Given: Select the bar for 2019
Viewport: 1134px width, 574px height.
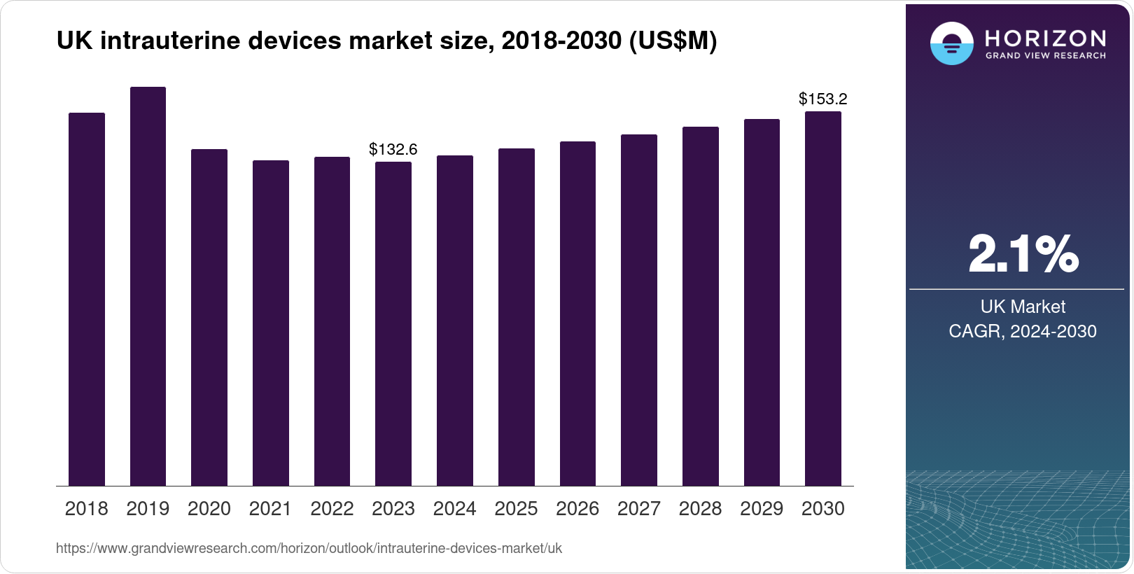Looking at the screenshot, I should click(148, 287).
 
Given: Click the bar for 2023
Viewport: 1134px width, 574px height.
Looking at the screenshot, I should click(393, 323).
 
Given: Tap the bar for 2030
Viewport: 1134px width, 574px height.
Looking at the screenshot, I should click(823, 299).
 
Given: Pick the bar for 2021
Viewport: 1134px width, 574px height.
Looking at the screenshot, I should click(271, 323).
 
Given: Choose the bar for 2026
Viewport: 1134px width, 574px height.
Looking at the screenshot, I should click(577, 314).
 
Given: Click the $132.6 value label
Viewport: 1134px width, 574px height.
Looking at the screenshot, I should click(393, 149).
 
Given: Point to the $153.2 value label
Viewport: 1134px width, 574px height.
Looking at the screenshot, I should click(823, 99).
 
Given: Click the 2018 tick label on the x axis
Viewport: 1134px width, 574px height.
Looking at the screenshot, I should click(87, 509).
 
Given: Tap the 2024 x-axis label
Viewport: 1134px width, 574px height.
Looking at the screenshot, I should click(455, 509).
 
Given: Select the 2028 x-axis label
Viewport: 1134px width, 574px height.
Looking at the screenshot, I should click(700, 509).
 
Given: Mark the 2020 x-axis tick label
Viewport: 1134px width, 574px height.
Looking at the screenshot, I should click(209, 509).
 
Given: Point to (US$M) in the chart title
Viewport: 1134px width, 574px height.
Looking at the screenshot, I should click(673, 41).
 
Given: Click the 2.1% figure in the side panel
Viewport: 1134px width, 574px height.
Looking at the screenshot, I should click(1023, 254).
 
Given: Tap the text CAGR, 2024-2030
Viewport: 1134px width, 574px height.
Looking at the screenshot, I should click(1023, 331).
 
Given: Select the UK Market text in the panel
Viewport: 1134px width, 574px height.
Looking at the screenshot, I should click(1023, 307).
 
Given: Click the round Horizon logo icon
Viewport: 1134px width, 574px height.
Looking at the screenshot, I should click(951, 44).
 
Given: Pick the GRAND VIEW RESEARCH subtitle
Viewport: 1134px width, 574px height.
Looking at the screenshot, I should click(1045, 56).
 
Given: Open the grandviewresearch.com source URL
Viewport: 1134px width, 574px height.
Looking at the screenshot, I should click(309, 549).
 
